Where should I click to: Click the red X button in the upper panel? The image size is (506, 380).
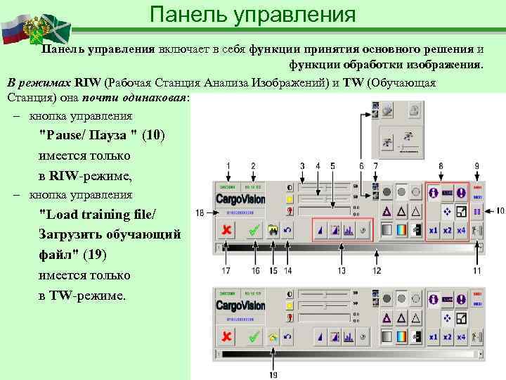pyautogui.click(x=226, y=229)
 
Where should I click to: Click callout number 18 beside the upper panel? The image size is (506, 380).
pyautogui.click(x=200, y=212)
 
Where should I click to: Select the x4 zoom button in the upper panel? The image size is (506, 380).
pyautogui.click(x=461, y=229)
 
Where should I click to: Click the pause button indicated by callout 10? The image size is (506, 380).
pyautogui.click(x=478, y=210)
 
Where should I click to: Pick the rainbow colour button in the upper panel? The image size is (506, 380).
pyautogui.click(x=402, y=229)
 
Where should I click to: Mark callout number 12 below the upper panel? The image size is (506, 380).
pyautogui.click(x=377, y=270)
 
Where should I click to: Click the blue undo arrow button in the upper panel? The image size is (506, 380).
pyautogui.click(x=288, y=229)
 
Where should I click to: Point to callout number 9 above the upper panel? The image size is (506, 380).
pyautogui.click(x=476, y=165)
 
